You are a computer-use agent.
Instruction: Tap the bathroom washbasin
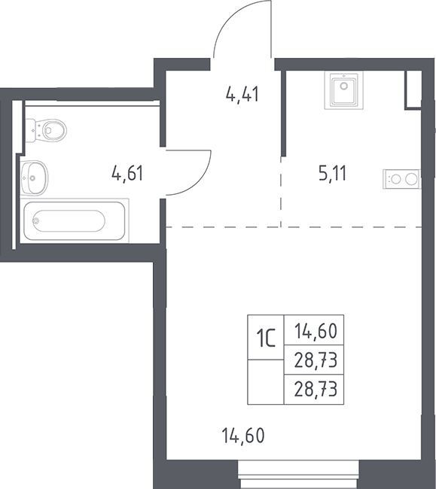coord(35,178)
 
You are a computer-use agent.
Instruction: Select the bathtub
coord(75,220)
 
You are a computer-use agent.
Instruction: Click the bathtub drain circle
coord(36,220)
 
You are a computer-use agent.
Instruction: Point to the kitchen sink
coord(344,90)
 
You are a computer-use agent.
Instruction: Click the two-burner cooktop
coord(402,179)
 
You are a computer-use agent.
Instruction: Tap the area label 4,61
coord(127,173)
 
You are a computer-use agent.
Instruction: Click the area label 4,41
coord(242,94)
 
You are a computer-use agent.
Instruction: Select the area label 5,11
coord(333,173)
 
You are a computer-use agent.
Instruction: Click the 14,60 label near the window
coord(243,436)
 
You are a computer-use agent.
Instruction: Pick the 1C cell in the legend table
coord(266,338)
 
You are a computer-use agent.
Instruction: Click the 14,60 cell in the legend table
coord(314,330)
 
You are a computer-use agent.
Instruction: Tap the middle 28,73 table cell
coord(314,360)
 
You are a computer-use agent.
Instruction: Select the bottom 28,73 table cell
coord(314,390)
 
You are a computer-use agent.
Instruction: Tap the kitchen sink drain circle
coord(344,86)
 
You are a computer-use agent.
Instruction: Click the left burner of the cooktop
coord(396,179)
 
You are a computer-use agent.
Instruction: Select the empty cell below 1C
coord(266,382)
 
